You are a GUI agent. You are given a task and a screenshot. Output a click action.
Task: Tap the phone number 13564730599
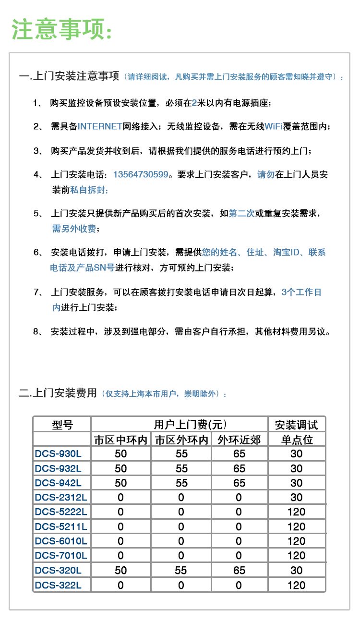click(x=141, y=175)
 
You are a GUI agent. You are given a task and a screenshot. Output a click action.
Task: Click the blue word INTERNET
click(x=100, y=126)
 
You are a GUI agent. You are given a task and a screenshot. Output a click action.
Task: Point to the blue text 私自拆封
click(x=89, y=190)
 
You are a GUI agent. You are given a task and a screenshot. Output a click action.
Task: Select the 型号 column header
click(x=62, y=424)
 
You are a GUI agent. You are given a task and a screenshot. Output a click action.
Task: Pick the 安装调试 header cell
click(x=296, y=424)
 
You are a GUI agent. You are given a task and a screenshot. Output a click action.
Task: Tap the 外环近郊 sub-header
click(x=239, y=440)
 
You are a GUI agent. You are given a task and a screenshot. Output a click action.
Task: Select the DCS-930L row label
click(x=58, y=454)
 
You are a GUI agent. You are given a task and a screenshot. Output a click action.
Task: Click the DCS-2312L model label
click(x=60, y=498)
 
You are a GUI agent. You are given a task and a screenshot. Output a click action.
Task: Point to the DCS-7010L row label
click(x=60, y=556)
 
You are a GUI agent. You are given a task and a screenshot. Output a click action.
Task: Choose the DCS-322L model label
click(x=58, y=585)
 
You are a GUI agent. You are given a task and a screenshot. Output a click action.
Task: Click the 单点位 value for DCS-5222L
click(x=296, y=512)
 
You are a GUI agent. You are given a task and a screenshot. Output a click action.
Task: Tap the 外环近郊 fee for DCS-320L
click(x=239, y=571)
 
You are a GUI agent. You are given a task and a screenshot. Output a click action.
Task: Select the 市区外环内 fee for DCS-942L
click(x=181, y=483)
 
